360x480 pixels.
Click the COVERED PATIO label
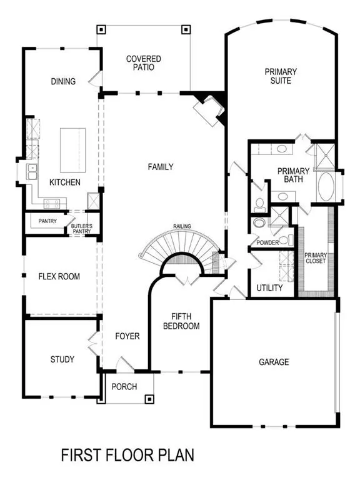pos(144,63)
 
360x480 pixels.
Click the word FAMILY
pos(161,167)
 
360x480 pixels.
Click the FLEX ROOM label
pos(59,276)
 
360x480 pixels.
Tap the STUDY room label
pos(62,359)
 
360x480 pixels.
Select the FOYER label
pos(127,336)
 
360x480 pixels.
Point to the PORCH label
pos(124,387)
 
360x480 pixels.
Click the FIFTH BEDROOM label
pos(181,321)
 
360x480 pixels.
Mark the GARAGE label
pos(274,362)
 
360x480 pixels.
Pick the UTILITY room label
pos(270,289)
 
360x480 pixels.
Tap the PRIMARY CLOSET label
pos(315,257)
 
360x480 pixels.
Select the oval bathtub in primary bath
pos(326,186)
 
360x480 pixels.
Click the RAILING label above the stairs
pos(182,226)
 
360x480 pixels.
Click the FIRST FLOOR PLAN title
pos(129,456)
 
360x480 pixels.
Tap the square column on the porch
pos(149,399)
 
